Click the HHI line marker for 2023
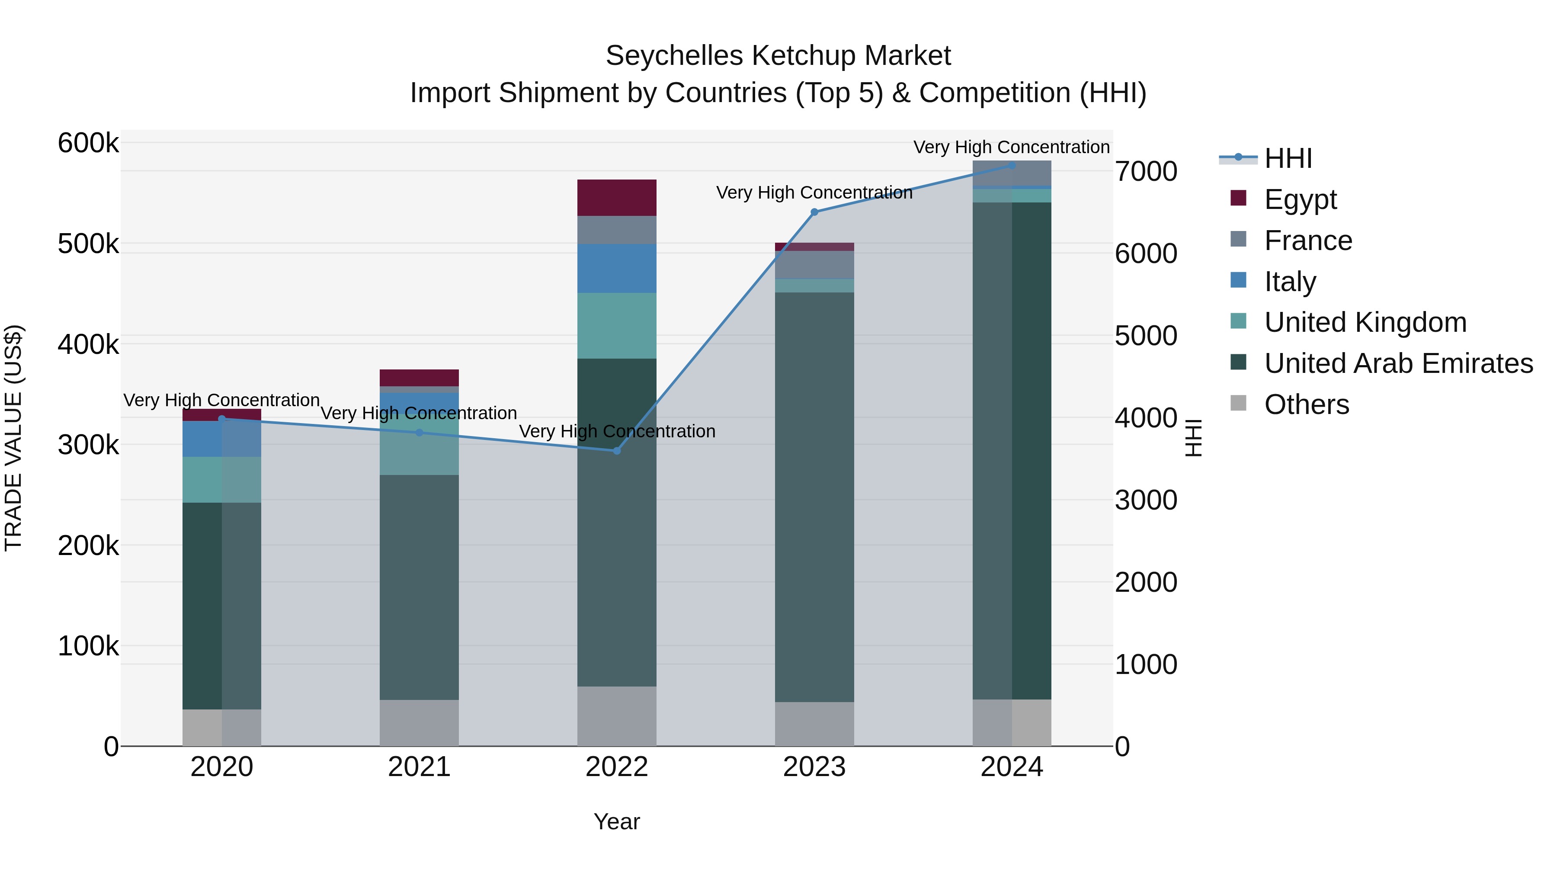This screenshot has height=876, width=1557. (x=814, y=212)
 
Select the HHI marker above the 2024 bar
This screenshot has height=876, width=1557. (x=1012, y=165)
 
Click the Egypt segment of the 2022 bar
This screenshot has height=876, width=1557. (x=616, y=198)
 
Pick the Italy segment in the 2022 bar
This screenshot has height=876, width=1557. (x=616, y=268)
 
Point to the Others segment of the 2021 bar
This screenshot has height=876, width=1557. (x=419, y=722)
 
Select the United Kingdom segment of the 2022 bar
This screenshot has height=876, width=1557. (x=616, y=326)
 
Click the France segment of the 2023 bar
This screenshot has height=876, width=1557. (x=814, y=264)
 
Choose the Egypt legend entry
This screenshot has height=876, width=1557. (x=1300, y=199)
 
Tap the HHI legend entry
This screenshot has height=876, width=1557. (x=1288, y=158)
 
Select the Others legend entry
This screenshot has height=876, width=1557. (x=1306, y=404)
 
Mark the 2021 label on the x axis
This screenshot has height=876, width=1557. (x=419, y=767)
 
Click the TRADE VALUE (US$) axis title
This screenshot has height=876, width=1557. (x=13, y=438)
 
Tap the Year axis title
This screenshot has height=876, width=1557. (x=616, y=821)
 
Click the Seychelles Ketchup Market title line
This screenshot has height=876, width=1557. (x=778, y=56)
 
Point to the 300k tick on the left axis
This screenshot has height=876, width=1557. (x=88, y=445)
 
